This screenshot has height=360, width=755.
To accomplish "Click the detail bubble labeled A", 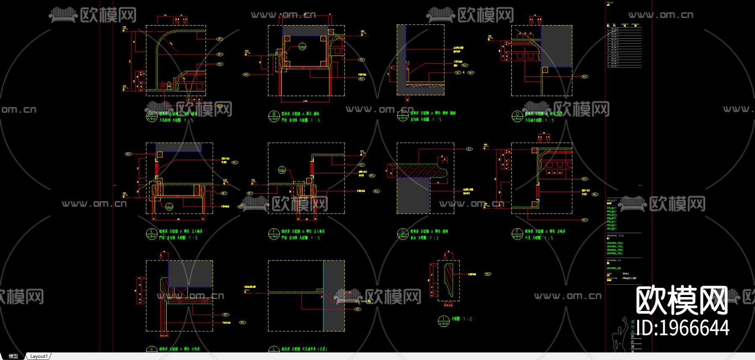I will pyautogui.click(x=151, y=116).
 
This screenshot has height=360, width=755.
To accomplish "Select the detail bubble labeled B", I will pyautogui.click(x=273, y=116).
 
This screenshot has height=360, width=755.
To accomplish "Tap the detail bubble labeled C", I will pyautogui.click(x=403, y=116).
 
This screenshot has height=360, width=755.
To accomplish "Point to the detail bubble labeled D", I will pyautogui.click(x=517, y=116).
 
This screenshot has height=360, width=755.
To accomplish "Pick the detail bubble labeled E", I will pyautogui.click(x=151, y=234).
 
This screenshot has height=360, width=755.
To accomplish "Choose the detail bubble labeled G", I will pyautogui.click(x=403, y=234).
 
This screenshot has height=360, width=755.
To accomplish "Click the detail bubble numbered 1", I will pyautogui.click(x=443, y=321).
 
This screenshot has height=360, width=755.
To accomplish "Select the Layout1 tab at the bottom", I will pyautogui.click(x=39, y=356).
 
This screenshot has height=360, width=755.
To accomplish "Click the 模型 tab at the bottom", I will pyautogui.click(x=13, y=356).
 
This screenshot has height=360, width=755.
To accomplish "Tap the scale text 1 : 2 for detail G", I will pyautogui.click(x=435, y=238).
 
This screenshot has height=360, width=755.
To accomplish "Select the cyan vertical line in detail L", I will pyautogui.click(x=323, y=295).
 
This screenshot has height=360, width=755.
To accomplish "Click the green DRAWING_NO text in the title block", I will pyautogui.click(x=613, y=268).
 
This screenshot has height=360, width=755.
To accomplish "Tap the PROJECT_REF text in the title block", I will pyautogui.click(x=629, y=278).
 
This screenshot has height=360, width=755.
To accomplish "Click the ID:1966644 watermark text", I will pyautogui.click(x=682, y=328).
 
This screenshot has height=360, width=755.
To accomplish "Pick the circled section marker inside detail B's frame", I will pyautogui.click(x=302, y=47).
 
